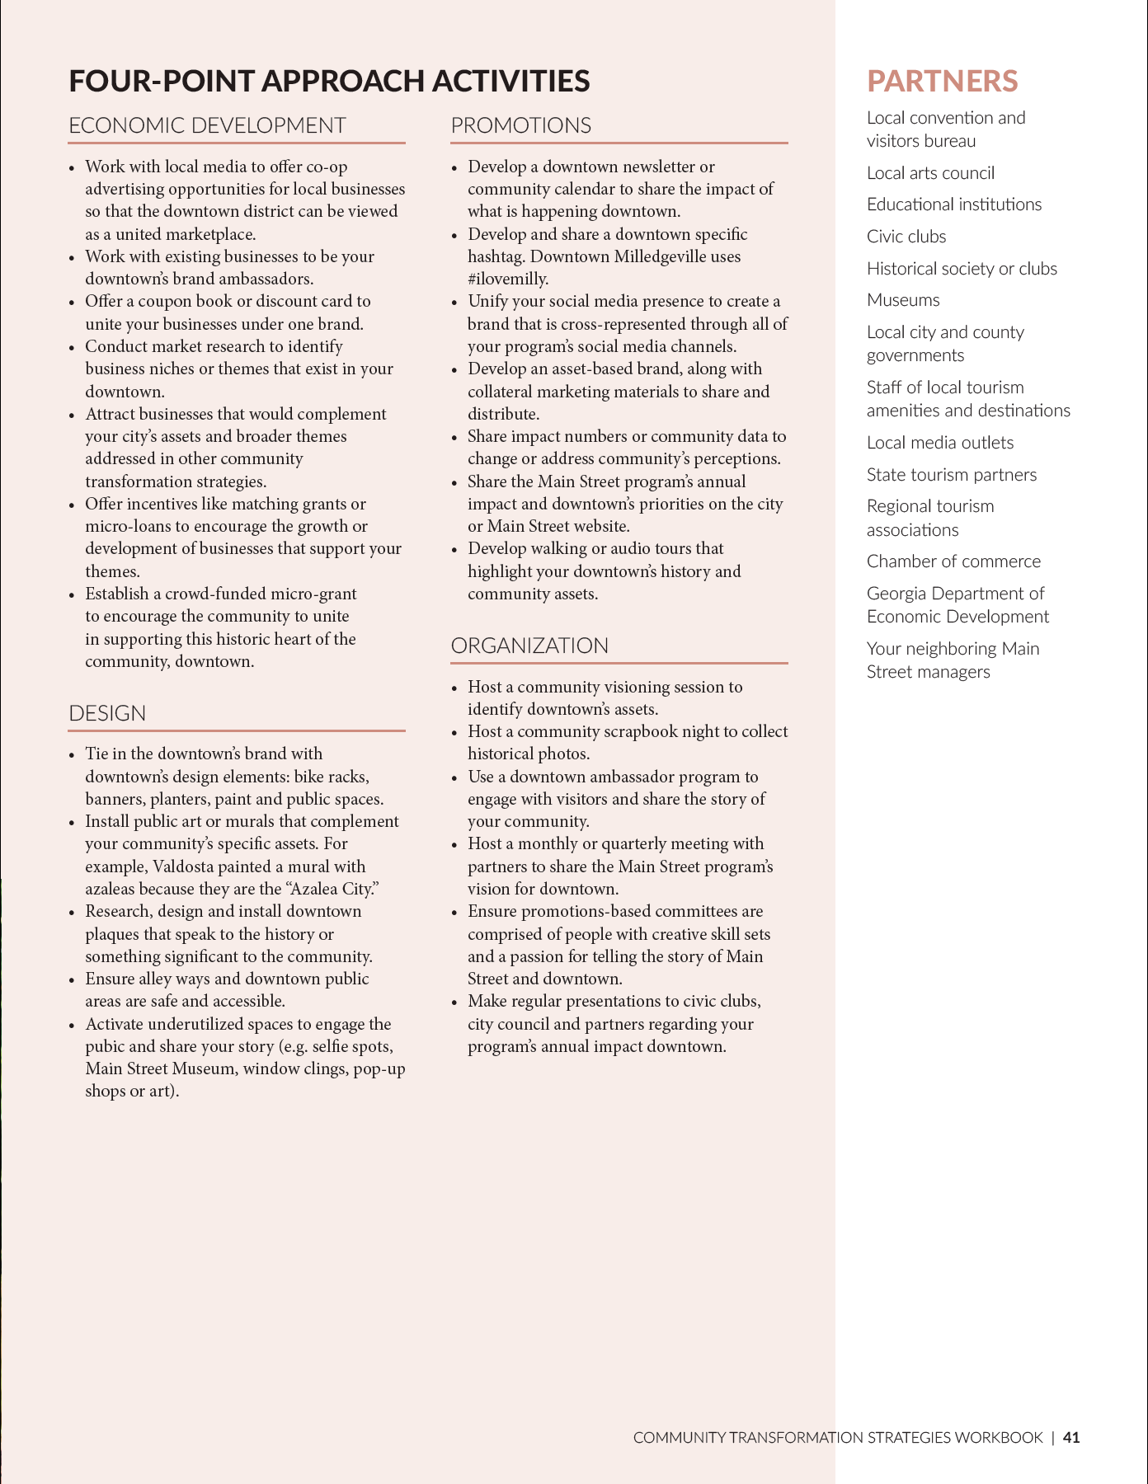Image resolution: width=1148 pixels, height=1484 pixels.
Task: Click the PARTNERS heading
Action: click(942, 81)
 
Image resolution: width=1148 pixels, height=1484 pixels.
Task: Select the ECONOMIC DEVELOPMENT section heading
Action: click(207, 125)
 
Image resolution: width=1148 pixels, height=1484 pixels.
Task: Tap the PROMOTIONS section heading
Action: click(520, 125)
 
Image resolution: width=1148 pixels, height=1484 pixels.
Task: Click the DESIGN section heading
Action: click(107, 713)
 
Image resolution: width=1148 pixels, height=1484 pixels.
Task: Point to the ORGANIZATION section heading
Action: click(529, 646)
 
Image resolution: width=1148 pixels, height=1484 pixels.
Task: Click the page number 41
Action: click(1071, 1437)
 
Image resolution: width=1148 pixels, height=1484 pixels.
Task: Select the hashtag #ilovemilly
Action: click(508, 279)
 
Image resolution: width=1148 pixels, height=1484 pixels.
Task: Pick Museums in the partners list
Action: click(903, 300)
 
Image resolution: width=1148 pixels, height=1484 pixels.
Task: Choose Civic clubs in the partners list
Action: click(906, 237)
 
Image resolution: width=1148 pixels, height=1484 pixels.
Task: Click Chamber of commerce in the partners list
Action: click(953, 561)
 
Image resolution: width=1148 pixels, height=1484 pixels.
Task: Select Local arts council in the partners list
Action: click(930, 173)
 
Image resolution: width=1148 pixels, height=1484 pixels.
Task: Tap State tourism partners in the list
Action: click(951, 475)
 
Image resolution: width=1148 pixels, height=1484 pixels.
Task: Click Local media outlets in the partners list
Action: click(940, 443)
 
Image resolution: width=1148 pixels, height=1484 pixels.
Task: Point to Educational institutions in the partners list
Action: click(953, 204)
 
